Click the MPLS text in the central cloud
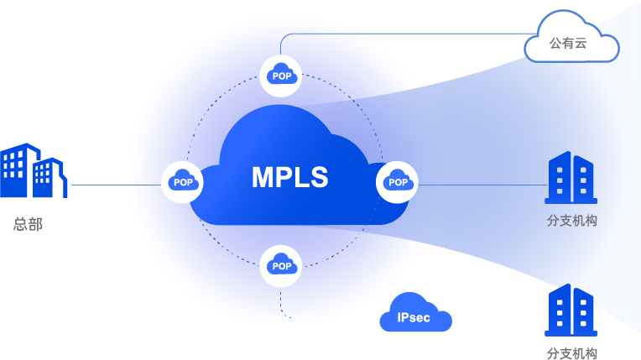pos(289,178)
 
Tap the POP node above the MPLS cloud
pos(282,75)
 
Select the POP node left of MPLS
pos(182,181)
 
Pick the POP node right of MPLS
pos(398,181)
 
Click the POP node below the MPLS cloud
pos(282,266)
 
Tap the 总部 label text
pos(28,225)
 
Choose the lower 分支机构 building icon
pos(571,310)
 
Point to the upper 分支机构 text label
pos(571,222)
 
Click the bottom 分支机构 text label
pos(571,353)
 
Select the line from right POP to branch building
pos(478,185)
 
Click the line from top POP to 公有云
pos(403,34)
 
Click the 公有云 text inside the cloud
pos(568,43)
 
